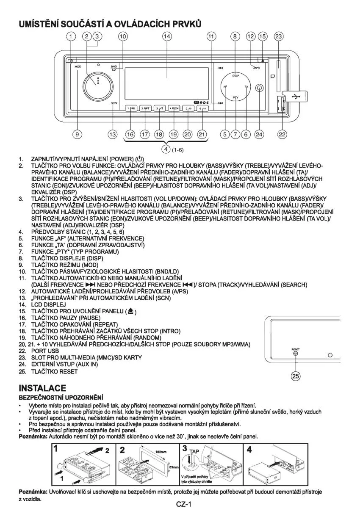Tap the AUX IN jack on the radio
point(259,89)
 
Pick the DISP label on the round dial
point(236,76)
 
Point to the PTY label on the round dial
point(236,98)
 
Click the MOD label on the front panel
point(78,67)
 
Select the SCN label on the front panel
point(114,103)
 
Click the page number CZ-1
point(184,504)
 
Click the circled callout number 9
point(77,134)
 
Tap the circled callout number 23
point(278,37)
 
